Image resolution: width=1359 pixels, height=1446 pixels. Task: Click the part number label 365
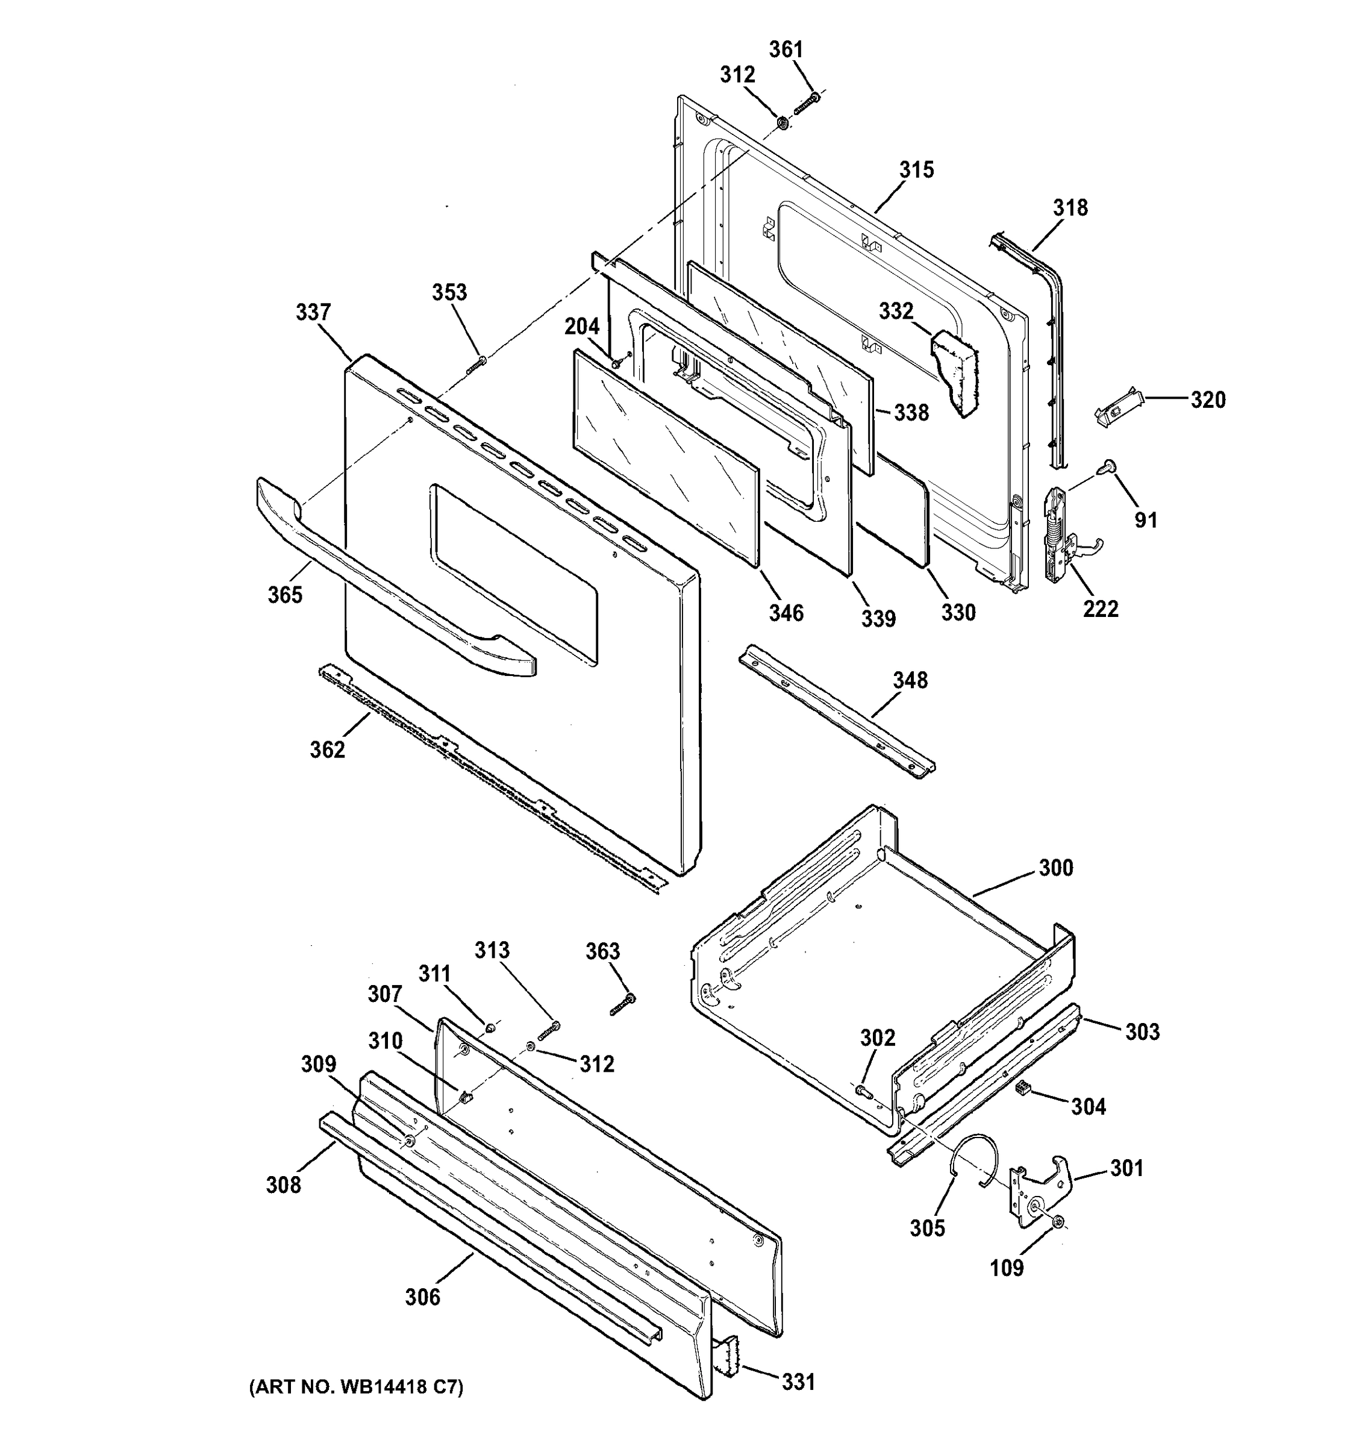coord(284,595)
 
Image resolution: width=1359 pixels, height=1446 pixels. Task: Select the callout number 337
coord(313,312)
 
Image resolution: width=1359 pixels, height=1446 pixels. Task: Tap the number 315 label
coord(916,169)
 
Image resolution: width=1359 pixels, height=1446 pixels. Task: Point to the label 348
coord(910,680)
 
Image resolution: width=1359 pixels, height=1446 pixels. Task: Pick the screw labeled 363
coord(623,1004)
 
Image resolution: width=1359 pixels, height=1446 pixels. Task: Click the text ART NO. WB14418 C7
coord(356,1387)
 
